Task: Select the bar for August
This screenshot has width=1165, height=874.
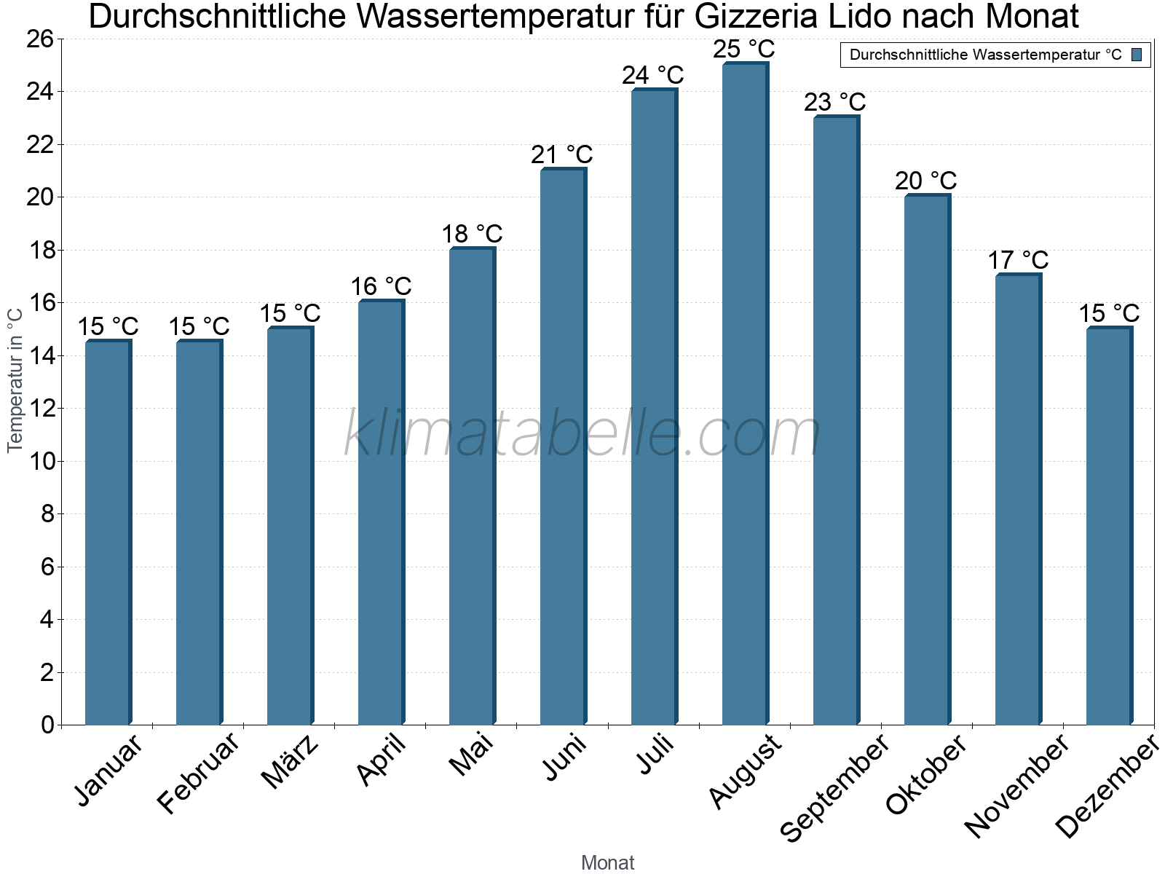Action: click(745, 393)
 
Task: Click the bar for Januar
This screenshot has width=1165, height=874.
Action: click(108, 532)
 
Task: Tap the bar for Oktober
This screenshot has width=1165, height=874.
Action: click(927, 459)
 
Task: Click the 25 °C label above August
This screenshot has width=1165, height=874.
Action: click(744, 50)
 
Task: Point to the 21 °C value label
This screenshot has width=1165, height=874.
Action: click(562, 155)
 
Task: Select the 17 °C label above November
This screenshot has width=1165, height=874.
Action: click(1018, 261)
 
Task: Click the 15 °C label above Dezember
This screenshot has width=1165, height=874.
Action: click(1108, 314)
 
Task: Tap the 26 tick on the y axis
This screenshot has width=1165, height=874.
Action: click(40, 39)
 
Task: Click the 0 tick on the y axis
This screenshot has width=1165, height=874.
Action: click(48, 725)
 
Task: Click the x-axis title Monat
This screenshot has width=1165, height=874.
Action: click(607, 863)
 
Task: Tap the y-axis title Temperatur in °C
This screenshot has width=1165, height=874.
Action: click(15, 380)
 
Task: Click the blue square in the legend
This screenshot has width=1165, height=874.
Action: click(1137, 55)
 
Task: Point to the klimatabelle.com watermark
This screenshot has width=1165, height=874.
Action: click(582, 434)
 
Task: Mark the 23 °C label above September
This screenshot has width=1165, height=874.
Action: click(835, 102)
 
